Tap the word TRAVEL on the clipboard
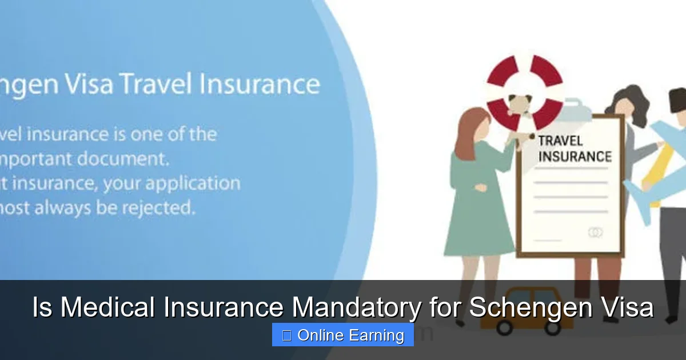pyautogui.click(x=560, y=141)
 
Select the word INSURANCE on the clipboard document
pyautogui.click(x=575, y=157)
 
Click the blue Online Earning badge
pyautogui.click(x=343, y=335)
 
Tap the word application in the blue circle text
pyautogui.click(x=194, y=184)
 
